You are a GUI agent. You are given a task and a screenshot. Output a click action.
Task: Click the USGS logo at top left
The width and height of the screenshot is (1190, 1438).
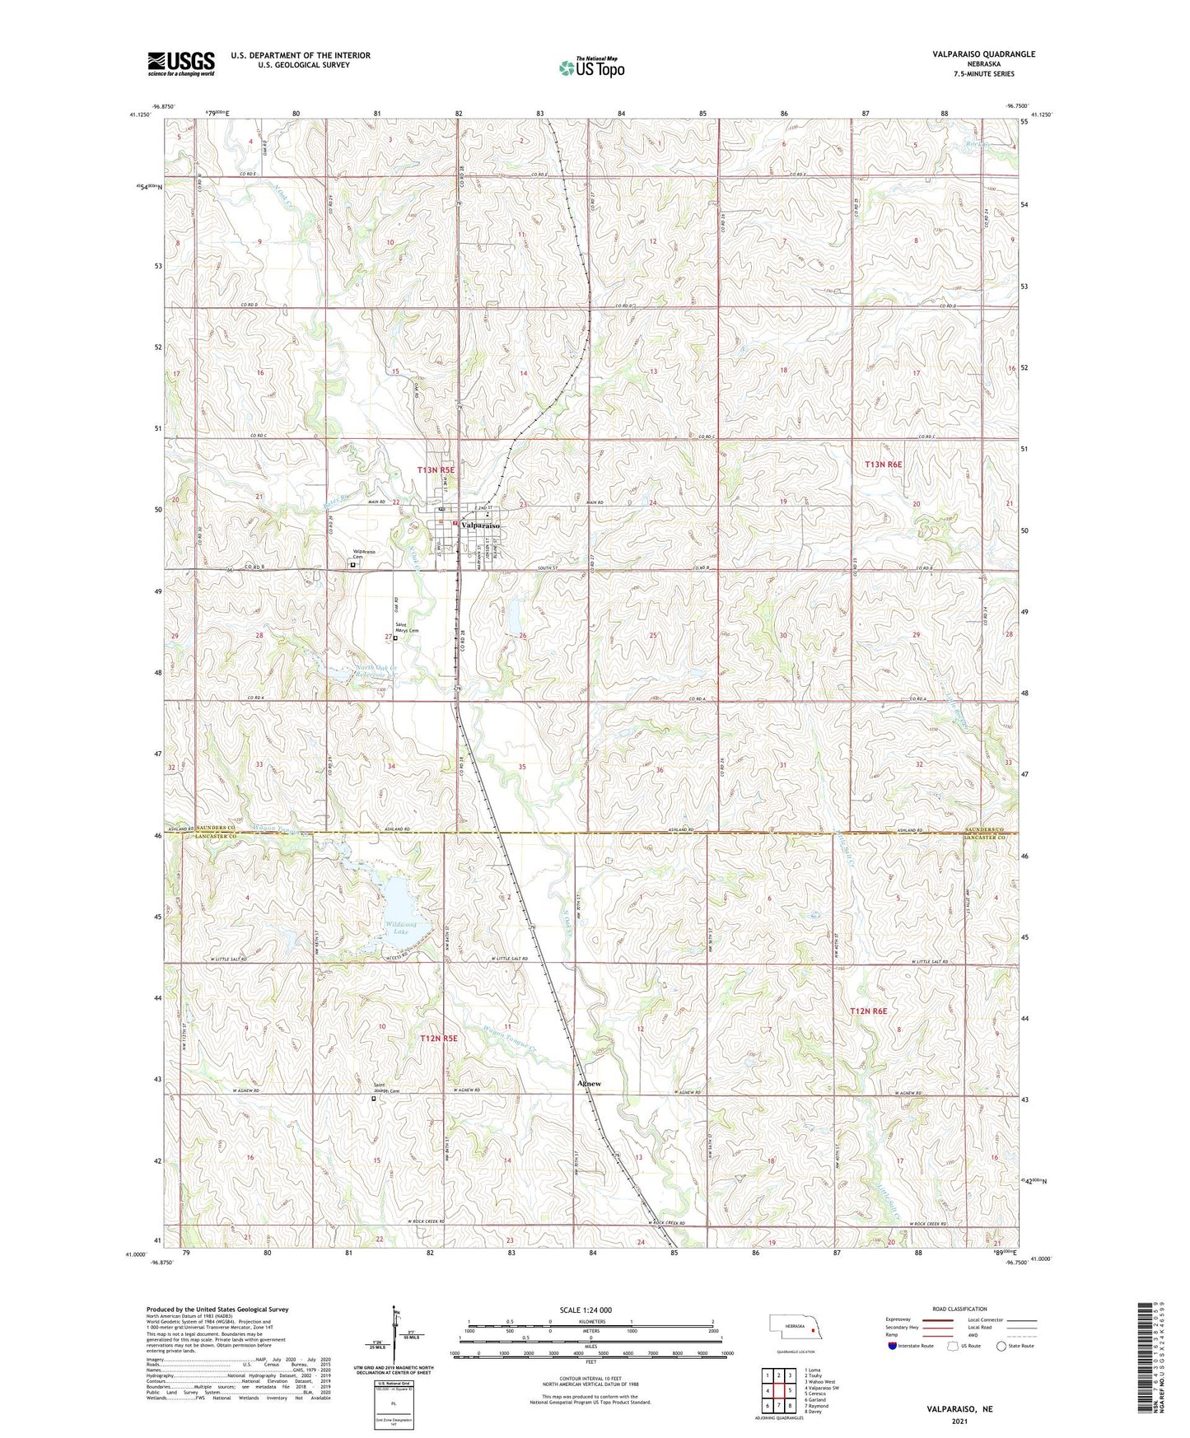click(x=180, y=63)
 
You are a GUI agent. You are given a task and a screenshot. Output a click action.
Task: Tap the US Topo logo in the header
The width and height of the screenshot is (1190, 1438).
click(x=590, y=68)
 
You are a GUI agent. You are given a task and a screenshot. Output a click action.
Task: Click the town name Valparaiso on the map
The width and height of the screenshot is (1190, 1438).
click(x=479, y=525)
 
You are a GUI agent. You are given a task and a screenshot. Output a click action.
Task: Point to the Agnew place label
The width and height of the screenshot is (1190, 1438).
click(x=588, y=1084)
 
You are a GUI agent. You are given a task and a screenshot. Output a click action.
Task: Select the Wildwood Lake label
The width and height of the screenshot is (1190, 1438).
click(x=400, y=927)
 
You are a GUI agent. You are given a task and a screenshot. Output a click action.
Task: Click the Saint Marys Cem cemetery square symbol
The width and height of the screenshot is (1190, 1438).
click(x=395, y=637)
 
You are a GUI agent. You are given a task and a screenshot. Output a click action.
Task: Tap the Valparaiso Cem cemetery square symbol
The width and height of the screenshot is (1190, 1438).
click(x=352, y=565)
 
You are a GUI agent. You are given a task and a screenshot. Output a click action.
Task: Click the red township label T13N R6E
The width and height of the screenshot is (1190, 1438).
click(x=883, y=465)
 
